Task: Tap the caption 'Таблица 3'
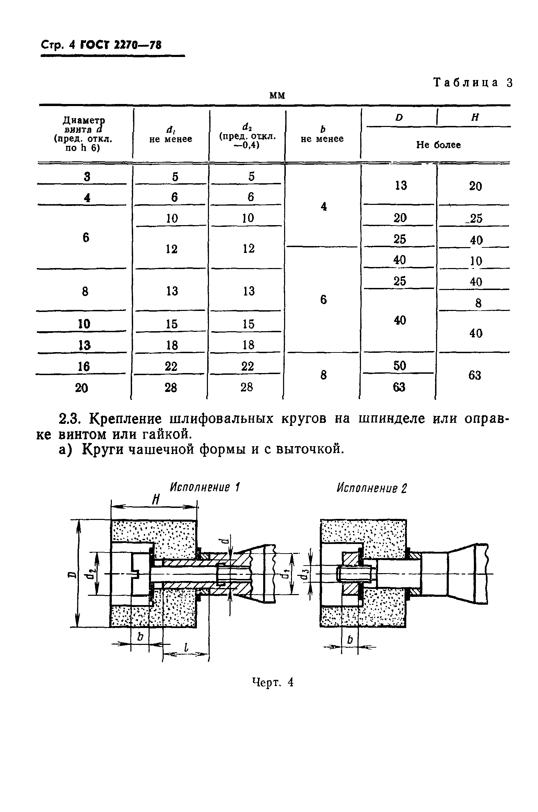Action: coord(473,83)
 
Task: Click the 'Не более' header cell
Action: coord(438,145)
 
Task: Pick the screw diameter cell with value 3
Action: coord(86,177)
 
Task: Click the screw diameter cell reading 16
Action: coord(83,367)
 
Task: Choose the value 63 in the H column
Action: coord(475,375)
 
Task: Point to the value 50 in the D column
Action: coord(400,366)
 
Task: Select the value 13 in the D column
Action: coord(400,186)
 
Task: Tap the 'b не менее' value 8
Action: coord(323,375)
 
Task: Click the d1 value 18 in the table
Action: coord(172,345)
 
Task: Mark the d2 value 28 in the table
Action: coord(247,387)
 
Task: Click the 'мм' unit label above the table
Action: coord(277,95)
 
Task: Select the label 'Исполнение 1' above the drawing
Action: coord(205,487)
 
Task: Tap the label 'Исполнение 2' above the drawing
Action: coord(371,488)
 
